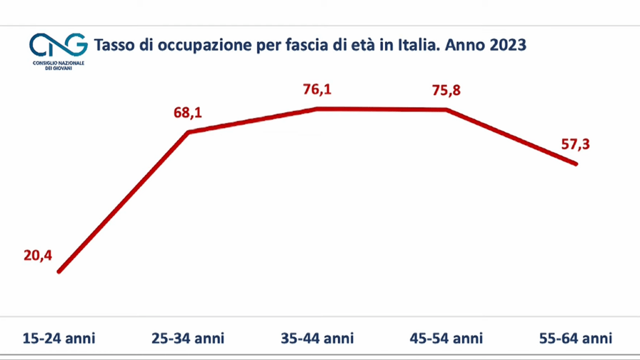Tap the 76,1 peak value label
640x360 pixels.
[317, 90]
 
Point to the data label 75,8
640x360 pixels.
[446, 90]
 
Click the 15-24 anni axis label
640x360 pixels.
[59, 339]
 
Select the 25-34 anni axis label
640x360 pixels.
[188, 339]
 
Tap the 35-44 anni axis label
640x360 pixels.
[317, 339]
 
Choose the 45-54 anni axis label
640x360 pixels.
[446, 339]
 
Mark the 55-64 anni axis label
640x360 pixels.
[575, 339]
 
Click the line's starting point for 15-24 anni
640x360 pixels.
[59, 271]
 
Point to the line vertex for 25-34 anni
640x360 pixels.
[189, 132]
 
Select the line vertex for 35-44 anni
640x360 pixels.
[317, 109]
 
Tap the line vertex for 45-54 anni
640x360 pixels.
[446, 110]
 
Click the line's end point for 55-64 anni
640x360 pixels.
[575, 164]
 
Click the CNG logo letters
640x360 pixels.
[59, 46]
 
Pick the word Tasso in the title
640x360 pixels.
[112, 46]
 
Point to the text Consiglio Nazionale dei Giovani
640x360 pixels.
[59, 65]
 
